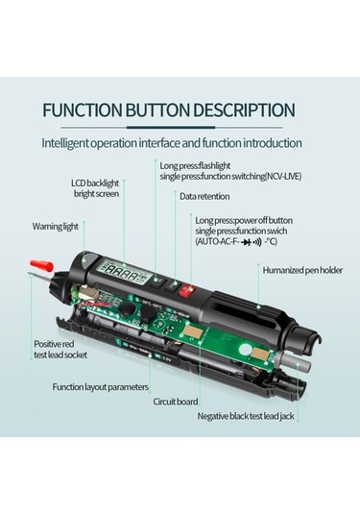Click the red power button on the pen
click(x=186, y=290)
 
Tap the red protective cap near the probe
click(x=41, y=265)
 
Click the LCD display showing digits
click(x=125, y=271)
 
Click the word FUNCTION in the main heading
click(x=84, y=110)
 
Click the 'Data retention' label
click(x=204, y=196)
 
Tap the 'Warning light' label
click(x=55, y=227)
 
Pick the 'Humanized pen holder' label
click(x=302, y=270)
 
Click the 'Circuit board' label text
click(x=176, y=402)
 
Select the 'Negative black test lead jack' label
click(x=246, y=416)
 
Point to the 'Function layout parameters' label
click(x=101, y=387)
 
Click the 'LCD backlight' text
click(x=95, y=183)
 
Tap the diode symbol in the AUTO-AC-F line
click(x=246, y=242)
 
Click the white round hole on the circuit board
click(x=245, y=351)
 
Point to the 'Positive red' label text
click(x=54, y=344)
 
